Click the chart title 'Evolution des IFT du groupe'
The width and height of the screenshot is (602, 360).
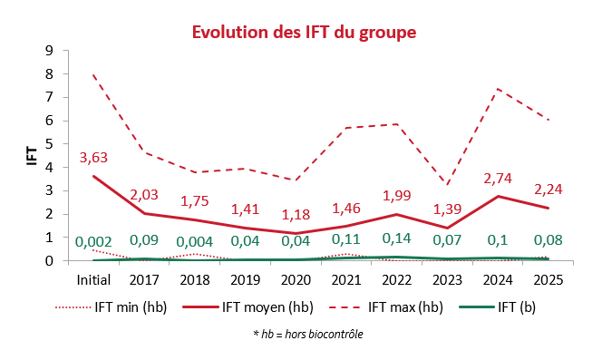coord(304,33)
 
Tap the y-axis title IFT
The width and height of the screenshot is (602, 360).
coord(33,156)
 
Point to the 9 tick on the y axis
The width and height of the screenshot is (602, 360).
coord(49,51)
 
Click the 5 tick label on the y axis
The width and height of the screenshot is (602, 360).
coord(49,143)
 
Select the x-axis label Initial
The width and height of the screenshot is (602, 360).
coord(93,279)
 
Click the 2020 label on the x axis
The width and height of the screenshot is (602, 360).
coord(296,280)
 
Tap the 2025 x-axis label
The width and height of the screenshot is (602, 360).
coord(549,280)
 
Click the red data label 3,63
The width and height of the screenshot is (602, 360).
coord(93,158)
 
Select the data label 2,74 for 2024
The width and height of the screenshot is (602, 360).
coord(498,179)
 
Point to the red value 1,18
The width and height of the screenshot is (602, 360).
coord(296,214)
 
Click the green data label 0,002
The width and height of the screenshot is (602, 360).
coord(93,242)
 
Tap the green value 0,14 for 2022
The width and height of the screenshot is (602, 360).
coord(396,238)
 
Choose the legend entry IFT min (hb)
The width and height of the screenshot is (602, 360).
coord(112,307)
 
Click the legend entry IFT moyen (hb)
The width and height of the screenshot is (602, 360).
coord(248,307)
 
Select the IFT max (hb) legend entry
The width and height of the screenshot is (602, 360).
coord(386,307)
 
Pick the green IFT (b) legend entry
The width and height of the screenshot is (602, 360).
coord(498,307)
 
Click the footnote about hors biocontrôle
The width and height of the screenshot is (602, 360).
coord(308,335)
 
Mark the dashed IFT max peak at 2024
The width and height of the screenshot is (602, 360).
coord(498,89)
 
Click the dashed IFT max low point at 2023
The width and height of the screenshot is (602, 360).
coord(447,184)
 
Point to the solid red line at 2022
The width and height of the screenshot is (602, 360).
coord(396,214)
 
